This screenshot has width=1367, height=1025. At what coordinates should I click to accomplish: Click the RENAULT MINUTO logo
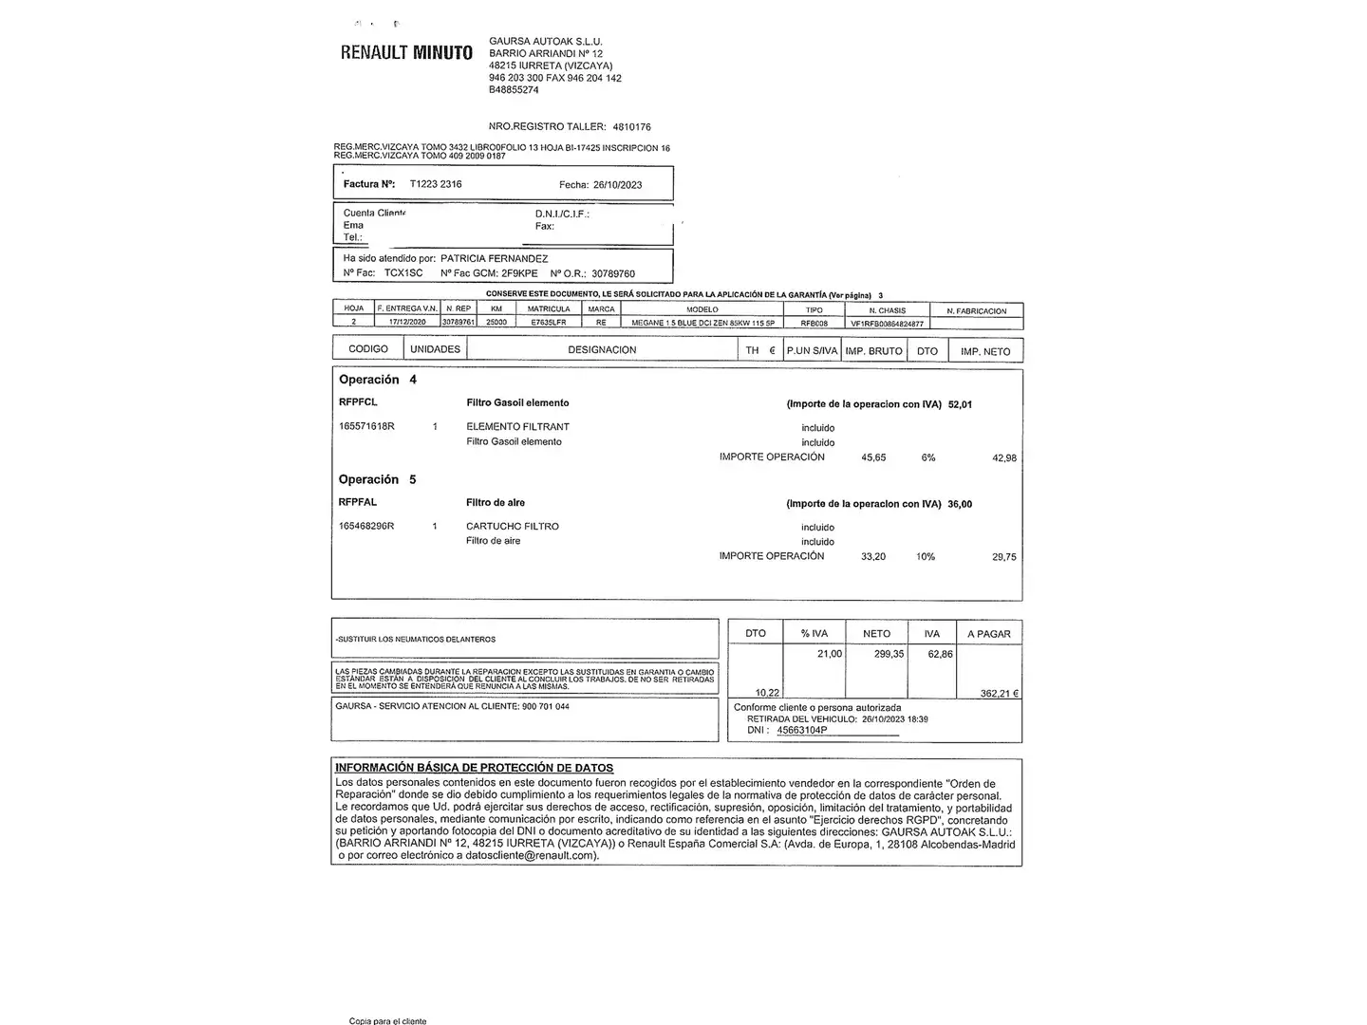point(406,53)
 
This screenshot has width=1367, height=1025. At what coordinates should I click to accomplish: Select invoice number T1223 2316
point(436,184)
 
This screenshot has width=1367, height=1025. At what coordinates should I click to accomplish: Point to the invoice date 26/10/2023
point(617,185)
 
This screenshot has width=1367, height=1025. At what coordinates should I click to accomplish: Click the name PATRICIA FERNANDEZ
point(495,258)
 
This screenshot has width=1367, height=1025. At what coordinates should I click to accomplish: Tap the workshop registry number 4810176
point(632,126)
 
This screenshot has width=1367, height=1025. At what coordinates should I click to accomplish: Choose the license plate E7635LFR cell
point(549,323)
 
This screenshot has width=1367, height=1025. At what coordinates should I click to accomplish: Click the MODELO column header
point(702,309)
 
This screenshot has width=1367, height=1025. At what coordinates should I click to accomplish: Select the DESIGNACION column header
point(602,350)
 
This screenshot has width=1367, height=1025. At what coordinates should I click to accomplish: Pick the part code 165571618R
point(366,427)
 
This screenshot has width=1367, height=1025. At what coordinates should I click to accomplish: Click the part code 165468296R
point(366,526)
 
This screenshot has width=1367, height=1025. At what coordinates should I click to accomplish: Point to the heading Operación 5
point(377,479)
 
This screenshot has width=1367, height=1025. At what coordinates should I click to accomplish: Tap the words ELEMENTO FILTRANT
point(517,427)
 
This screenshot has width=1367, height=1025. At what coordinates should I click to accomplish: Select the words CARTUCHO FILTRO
point(513,526)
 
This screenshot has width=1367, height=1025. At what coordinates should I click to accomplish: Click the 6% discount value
point(928,457)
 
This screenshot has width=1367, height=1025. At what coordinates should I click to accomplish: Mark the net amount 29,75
point(1004,557)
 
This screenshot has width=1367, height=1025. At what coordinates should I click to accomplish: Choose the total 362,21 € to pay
point(1000,694)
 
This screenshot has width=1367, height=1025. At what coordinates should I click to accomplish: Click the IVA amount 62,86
point(940,654)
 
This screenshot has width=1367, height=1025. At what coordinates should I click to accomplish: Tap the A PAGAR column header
point(989,634)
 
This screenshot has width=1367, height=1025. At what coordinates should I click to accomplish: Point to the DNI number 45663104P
point(801,731)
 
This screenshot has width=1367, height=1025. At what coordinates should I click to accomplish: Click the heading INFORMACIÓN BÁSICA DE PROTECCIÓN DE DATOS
point(474,768)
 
